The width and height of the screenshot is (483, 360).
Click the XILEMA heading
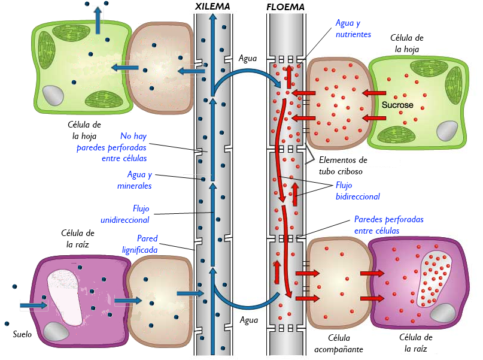[212, 7]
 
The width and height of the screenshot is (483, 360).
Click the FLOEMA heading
[285, 7]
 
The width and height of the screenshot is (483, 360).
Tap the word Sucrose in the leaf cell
[397, 105]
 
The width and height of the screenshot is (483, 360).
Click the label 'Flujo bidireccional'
[358, 190]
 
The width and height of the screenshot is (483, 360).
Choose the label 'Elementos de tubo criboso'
[343, 166]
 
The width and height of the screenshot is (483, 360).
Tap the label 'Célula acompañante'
[338, 344]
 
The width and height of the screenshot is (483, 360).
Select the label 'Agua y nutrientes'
[353, 29]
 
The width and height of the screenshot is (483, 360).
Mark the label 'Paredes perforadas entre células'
[388, 225]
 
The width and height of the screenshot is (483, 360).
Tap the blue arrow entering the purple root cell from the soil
[34, 305]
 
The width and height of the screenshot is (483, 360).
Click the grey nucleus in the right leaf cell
[446, 131]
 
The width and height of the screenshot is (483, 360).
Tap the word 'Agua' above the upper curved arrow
[248, 59]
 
